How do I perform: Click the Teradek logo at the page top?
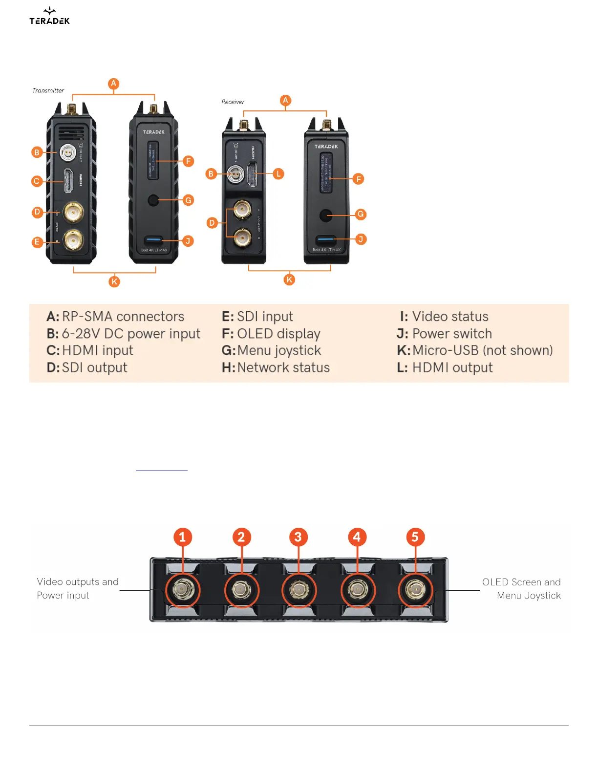coord(49,16)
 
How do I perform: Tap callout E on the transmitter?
coord(37,242)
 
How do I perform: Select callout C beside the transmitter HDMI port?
coord(36,181)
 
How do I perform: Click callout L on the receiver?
coord(278,173)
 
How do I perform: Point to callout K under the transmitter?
coord(114,281)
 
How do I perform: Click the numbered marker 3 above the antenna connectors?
coord(298,537)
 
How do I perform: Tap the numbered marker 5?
coord(415,537)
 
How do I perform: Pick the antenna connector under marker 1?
coord(183,590)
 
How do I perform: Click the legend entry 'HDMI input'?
coord(97,350)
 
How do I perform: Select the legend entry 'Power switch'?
coord(452,334)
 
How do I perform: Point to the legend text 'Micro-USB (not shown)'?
coord(482,350)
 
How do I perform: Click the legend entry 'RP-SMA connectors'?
coord(123,317)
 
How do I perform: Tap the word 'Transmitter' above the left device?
coord(48,90)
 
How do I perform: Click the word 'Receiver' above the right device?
coord(233,102)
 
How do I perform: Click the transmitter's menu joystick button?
coord(153,200)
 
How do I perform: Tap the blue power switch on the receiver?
coord(326,239)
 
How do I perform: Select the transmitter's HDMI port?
coord(69,181)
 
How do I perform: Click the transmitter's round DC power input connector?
coord(67,152)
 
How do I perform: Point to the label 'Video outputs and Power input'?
coord(77,588)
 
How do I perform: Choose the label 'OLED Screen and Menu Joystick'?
coord(521,588)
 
